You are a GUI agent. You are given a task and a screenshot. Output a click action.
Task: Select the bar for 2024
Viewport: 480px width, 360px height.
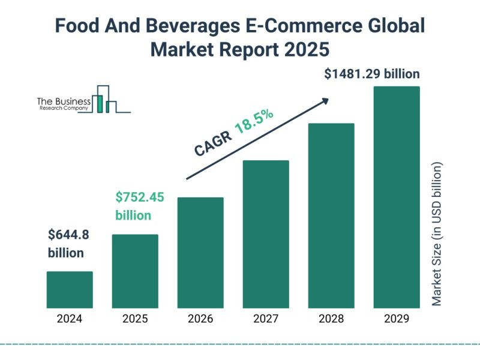tap(70, 290)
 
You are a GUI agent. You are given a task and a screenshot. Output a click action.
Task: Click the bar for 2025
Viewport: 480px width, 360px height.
tap(135, 271)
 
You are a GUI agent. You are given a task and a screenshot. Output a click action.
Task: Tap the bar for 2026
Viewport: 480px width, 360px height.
tap(200, 253)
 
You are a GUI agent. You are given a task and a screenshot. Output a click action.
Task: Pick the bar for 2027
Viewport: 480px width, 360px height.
tap(266, 234)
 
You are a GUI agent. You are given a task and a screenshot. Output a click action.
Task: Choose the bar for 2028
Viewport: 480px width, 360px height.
tap(331, 215)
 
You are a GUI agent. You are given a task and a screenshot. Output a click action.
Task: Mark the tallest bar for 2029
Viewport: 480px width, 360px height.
tap(397, 197)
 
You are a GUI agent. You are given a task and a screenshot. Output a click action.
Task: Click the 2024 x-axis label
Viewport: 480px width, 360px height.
tap(70, 319)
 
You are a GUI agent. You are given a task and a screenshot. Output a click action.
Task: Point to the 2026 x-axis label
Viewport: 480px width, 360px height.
tap(200, 319)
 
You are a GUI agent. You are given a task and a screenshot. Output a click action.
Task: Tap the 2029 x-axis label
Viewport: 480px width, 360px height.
tap(397, 319)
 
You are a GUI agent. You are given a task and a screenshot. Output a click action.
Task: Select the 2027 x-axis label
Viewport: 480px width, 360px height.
tap(266, 319)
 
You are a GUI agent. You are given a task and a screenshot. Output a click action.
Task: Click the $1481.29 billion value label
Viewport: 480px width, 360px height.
tap(371, 74)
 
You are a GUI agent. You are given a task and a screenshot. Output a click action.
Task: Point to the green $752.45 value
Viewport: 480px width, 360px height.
tap(139, 197)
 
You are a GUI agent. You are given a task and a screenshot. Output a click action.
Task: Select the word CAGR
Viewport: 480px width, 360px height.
tap(212, 143)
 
